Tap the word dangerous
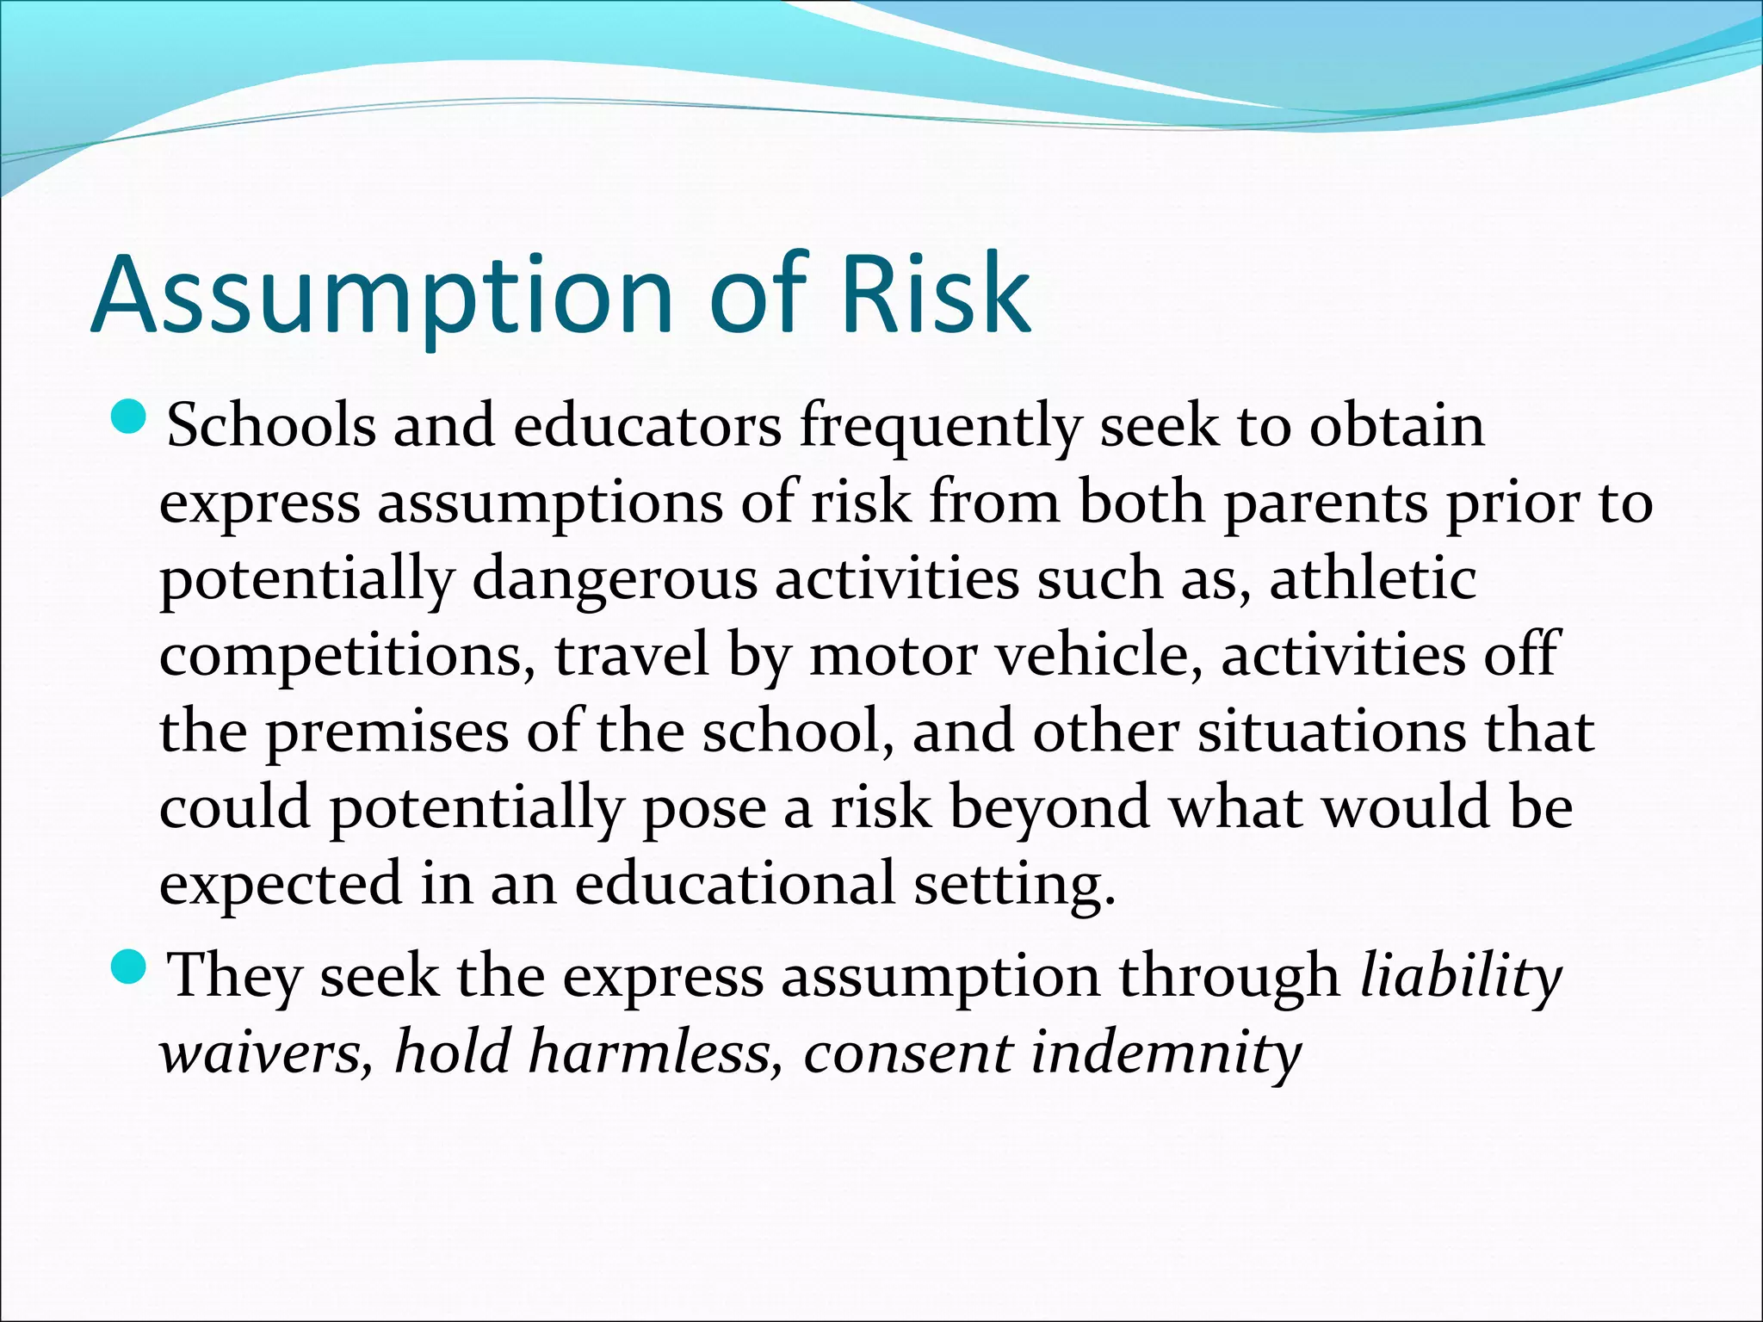pos(615,581)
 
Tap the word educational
pos(735,885)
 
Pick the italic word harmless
pos(655,1053)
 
